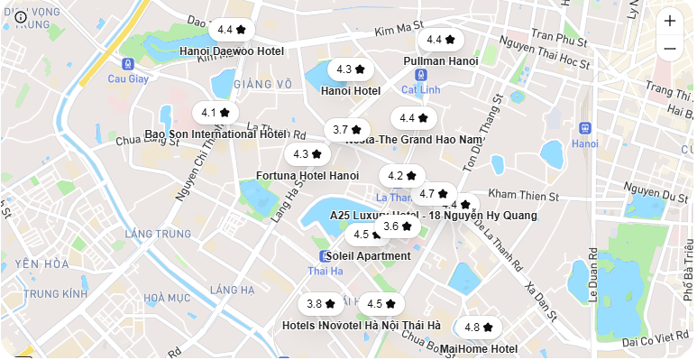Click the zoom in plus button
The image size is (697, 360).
669,20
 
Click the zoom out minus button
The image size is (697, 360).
669,48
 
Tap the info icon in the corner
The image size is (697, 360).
21,16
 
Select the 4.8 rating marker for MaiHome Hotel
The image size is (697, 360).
479,328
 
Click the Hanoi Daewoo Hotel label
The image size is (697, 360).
232,51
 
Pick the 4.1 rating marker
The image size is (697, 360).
216,113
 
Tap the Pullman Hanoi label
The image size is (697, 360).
440,60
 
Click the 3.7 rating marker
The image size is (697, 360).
347,130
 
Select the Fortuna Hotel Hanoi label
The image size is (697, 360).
307,175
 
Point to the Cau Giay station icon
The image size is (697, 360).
128,64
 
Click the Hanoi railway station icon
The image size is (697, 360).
584,128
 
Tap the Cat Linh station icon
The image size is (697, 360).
420,75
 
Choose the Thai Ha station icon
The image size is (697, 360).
325,256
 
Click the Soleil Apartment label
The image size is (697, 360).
368,256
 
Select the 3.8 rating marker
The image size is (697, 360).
321,304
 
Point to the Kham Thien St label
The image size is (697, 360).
523,195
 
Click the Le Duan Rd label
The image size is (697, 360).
593,275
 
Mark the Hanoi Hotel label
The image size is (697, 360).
351,90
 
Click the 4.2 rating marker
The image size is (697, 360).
402,176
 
